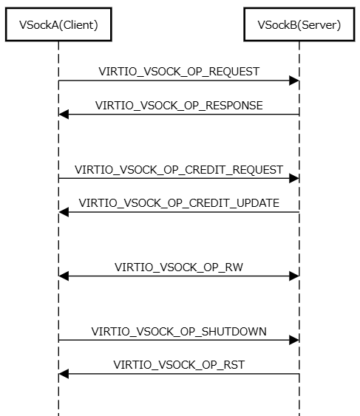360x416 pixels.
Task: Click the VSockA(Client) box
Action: (58, 24)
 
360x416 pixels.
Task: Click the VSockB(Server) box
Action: (299, 24)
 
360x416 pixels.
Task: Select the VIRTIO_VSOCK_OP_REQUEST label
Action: (179, 72)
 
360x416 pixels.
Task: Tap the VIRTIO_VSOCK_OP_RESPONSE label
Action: (179, 106)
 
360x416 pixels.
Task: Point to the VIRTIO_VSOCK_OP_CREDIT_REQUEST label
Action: (179, 170)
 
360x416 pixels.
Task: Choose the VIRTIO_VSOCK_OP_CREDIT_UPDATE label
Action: (179, 203)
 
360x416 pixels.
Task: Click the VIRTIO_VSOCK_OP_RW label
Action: (179, 267)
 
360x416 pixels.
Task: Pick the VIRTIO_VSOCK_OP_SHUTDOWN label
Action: (179, 332)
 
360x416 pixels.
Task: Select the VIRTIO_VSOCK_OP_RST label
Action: (179, 365)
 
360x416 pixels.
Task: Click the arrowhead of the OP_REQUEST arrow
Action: (294, 81)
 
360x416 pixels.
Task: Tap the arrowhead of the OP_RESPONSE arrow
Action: (64, 115)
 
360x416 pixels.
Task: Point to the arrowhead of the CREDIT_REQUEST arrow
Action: (294, 178)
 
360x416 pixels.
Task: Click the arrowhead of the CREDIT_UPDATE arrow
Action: (64, 212)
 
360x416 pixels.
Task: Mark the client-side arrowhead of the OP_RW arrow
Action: (64, 276)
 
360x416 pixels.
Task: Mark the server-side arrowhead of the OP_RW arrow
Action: (294, 276)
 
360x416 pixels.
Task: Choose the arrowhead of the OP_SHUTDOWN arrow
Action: (294, 340)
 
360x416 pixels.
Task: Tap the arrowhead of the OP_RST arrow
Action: (64, 374)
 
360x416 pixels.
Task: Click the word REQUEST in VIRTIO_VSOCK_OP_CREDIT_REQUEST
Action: (258, 170)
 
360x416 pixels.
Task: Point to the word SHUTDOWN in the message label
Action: (234, 332)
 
